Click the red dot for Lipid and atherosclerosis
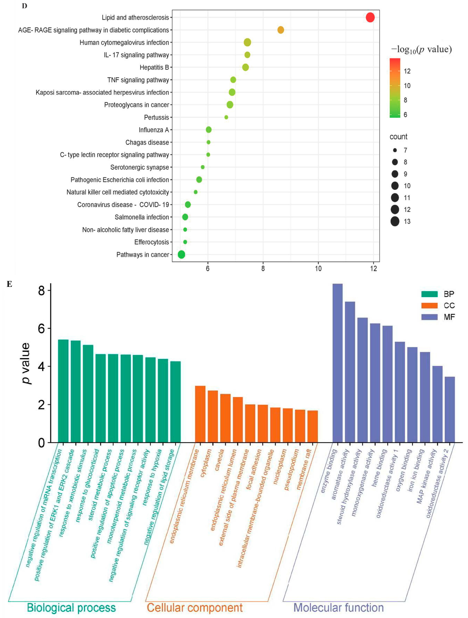coord(370,17)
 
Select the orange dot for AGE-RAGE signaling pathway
coord(280,30)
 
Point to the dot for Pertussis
coord(226,117)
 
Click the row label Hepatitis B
coord(154,67)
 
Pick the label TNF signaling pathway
coord(138,80)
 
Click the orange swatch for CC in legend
coord(429,305)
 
